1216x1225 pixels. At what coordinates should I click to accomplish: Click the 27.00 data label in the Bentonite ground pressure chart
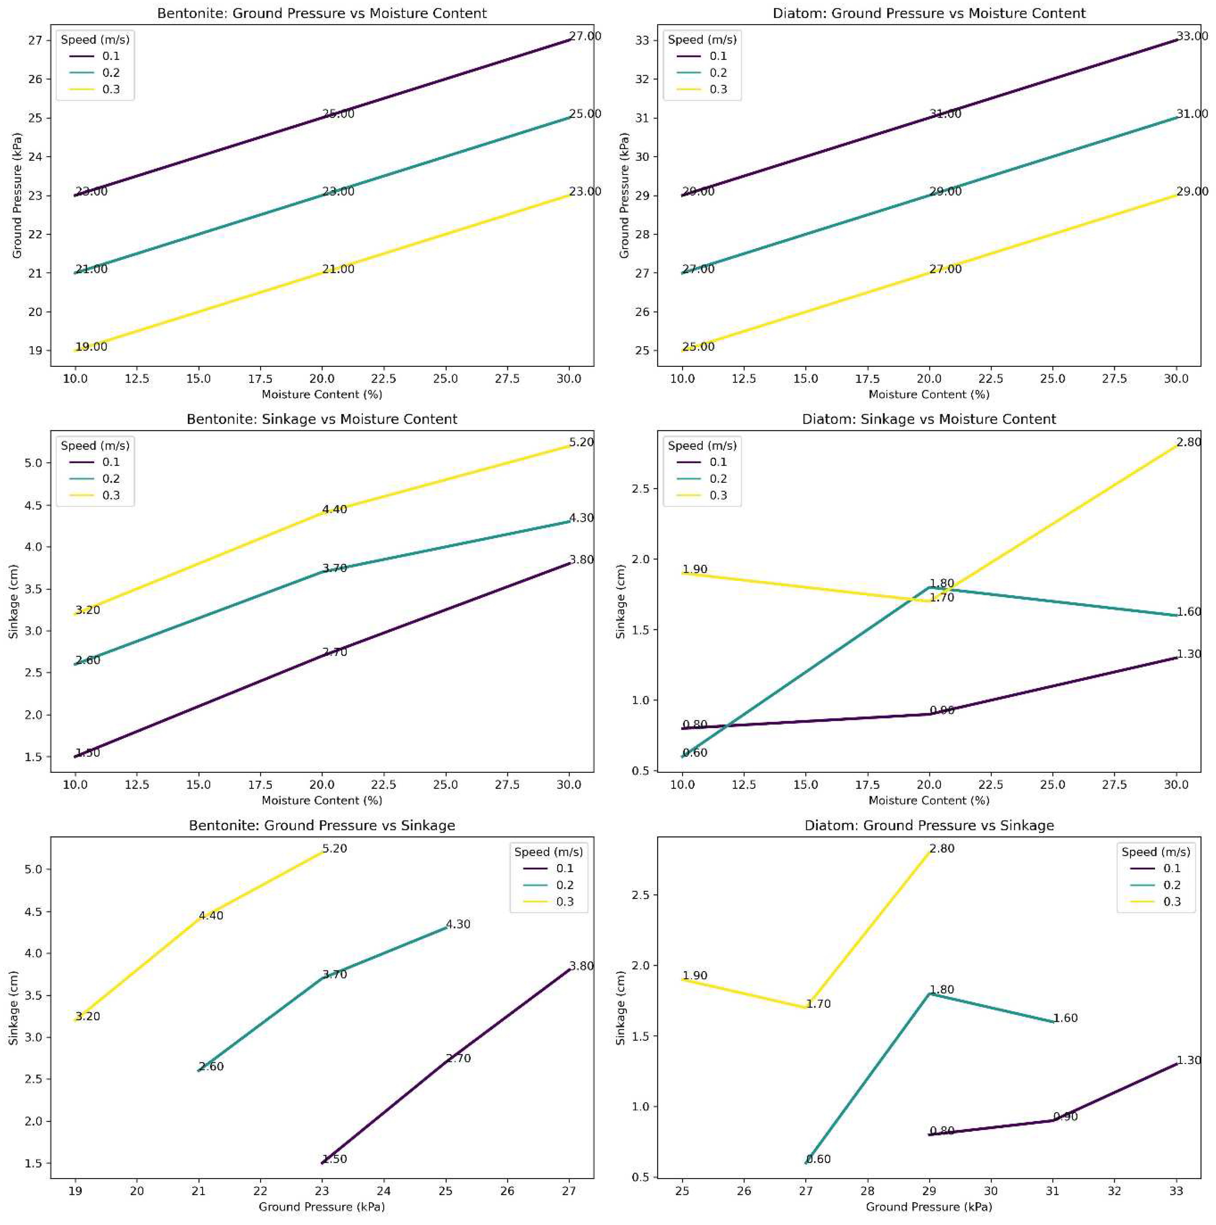[585, 36]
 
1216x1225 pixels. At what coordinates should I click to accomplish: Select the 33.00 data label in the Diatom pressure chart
[1192, 36]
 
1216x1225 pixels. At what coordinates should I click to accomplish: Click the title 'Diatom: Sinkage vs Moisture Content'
[929, 419]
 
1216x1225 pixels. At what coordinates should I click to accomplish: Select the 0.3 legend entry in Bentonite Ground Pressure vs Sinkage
[564, 902]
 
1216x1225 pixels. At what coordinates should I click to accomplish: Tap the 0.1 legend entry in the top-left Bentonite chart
[111, 56]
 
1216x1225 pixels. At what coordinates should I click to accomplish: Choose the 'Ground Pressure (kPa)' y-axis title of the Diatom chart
[624, 195]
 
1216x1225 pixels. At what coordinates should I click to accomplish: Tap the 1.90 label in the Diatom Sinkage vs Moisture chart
[695, 569]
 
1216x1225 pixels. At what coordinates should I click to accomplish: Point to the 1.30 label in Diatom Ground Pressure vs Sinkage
[1189, 1060]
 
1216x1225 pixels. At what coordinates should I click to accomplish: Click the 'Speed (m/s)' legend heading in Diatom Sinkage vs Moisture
[702, 446]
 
